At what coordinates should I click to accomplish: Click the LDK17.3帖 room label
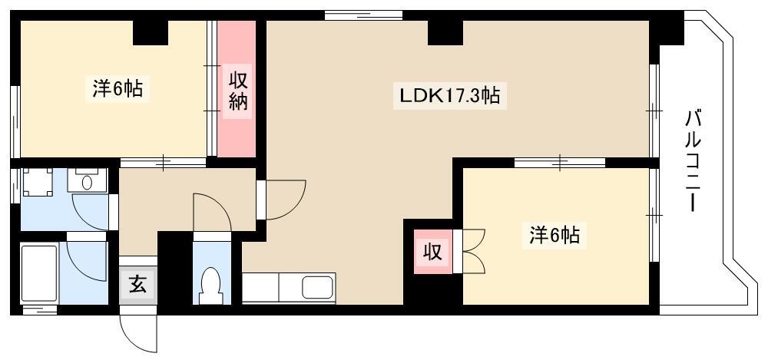449,95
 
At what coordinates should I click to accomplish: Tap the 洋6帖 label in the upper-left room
118,88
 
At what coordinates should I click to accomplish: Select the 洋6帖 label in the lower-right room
554,235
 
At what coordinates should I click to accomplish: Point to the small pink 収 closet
432,251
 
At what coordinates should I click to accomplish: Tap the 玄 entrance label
137,283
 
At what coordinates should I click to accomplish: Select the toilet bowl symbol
212,285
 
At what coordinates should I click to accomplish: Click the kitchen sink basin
317,287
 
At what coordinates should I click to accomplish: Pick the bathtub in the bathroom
38,273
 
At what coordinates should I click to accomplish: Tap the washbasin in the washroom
88,180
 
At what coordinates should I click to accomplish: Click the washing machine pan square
38,182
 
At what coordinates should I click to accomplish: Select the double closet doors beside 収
474,251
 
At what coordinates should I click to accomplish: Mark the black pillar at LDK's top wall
445,32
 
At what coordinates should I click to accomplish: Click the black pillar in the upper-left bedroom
151,32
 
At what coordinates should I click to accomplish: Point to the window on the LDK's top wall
363,15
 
